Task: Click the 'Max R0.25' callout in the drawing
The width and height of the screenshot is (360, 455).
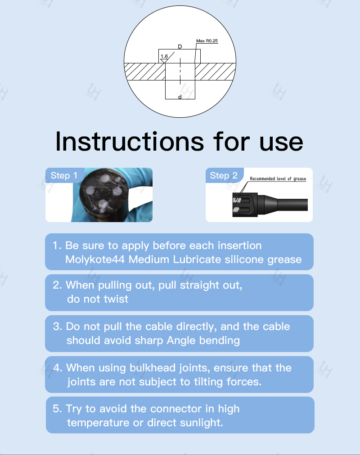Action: pos(207,41)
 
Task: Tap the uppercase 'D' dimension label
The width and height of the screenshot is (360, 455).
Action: pos(180,46)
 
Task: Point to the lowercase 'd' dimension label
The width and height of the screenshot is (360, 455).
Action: pos(180,97)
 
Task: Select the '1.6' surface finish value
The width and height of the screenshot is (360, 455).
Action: pos(164,56)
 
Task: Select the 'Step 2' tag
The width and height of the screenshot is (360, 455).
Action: pos(224,175)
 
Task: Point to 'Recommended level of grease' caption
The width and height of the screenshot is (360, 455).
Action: pos(278,179)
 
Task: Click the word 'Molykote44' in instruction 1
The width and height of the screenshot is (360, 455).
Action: pos(95,259)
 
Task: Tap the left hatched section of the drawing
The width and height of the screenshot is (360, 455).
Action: pos(144,71)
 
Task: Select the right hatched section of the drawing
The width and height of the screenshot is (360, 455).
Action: pos(215,71)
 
